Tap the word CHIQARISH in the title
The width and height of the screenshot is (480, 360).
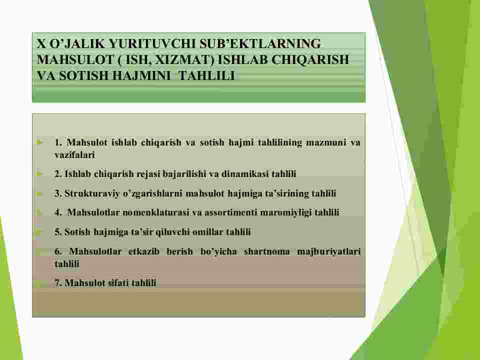coord(310,59)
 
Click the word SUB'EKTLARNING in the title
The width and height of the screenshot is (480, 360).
coord(260,44)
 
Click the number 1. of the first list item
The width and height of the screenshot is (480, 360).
coord(59,142)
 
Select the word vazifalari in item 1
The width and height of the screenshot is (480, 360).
coord(75,155)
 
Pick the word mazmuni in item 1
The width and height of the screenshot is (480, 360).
coord(326,142)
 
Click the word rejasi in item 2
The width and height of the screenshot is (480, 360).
coord(148,174)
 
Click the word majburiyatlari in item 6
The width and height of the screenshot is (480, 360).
coord(329,252)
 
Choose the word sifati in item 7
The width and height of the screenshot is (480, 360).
coord(118,283)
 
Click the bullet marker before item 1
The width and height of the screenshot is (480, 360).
coord(38,142)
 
